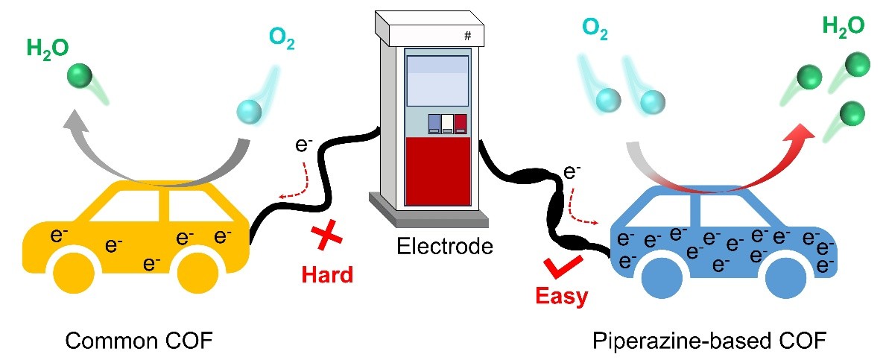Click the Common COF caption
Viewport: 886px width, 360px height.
click(x=139, y=341)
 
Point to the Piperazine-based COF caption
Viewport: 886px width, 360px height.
click(x=709, y=341)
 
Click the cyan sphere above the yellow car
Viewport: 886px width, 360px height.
click(x=247, y=112)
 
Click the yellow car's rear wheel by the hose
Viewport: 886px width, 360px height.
click(x=198, y=276)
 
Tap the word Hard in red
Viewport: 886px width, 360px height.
click(x=327, y=274)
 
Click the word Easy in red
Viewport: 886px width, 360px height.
click(x=563, y=296)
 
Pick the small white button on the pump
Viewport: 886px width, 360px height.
click(x=447, y=123)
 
